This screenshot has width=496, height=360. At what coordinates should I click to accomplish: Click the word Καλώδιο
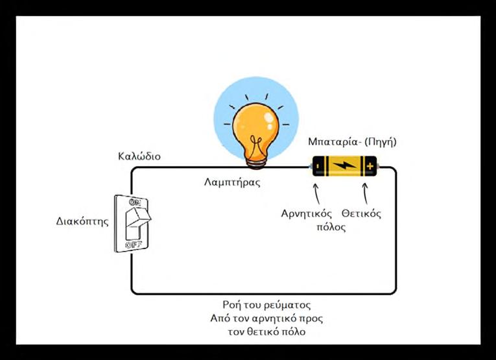(139, 157)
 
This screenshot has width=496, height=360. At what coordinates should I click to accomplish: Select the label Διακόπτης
(82, 221)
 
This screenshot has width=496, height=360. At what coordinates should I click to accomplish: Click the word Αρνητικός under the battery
(307, 213)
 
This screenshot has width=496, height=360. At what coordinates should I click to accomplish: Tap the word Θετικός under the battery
(361, 213)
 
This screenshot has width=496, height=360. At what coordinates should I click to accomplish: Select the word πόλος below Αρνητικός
(331, 227)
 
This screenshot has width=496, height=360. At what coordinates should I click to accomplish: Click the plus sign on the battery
(370, 167)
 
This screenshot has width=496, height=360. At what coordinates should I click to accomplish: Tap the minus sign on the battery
(318, 167)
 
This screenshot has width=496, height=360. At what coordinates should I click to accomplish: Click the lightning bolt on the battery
(344, 167)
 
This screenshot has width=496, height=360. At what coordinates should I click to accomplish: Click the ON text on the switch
(135, 203)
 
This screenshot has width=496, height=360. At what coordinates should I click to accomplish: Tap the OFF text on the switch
(135, 245)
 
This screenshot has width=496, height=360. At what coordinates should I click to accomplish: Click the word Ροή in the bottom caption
(231, 305)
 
